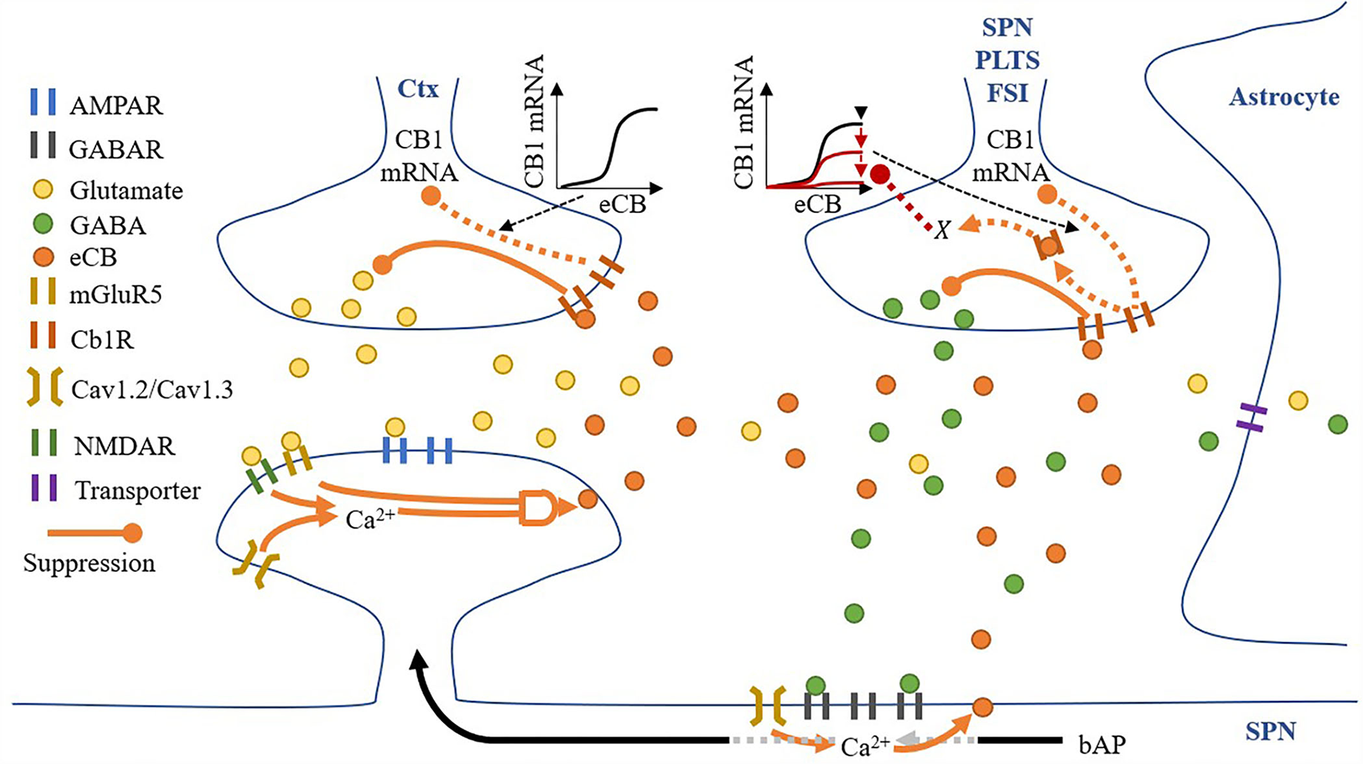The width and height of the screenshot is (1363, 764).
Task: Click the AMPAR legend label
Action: tap(115, 105)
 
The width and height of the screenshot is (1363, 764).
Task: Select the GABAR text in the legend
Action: tap(115, 148)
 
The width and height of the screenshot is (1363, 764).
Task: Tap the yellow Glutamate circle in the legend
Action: tap(43, 190)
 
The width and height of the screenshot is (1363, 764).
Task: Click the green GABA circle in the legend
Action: tap(43, 224)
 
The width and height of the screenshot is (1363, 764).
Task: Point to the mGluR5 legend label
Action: tap(115, 294)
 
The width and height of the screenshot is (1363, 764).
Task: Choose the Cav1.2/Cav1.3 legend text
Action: tap(152, 390)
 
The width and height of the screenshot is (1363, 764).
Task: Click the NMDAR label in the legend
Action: tap(124, 446)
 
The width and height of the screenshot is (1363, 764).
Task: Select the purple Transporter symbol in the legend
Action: tap(43, 489)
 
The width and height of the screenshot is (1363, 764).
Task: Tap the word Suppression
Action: tap(89, 563)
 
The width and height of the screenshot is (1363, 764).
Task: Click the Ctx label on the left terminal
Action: tap(418, 89)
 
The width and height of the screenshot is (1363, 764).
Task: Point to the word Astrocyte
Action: tap(1284, 97)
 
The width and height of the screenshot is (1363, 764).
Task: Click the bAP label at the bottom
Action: tap(1102, 744)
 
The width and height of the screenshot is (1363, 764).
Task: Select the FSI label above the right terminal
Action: tap(1007, 93)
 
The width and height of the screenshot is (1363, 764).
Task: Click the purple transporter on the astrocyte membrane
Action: tap(1251, 417)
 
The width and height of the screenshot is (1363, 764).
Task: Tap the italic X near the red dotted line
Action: tap(941, 229)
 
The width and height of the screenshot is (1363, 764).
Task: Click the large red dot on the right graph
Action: tap(880, 175)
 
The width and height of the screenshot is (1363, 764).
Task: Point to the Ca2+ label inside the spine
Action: tap(370, 520)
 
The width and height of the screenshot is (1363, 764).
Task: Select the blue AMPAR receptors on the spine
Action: tap(417, 450)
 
